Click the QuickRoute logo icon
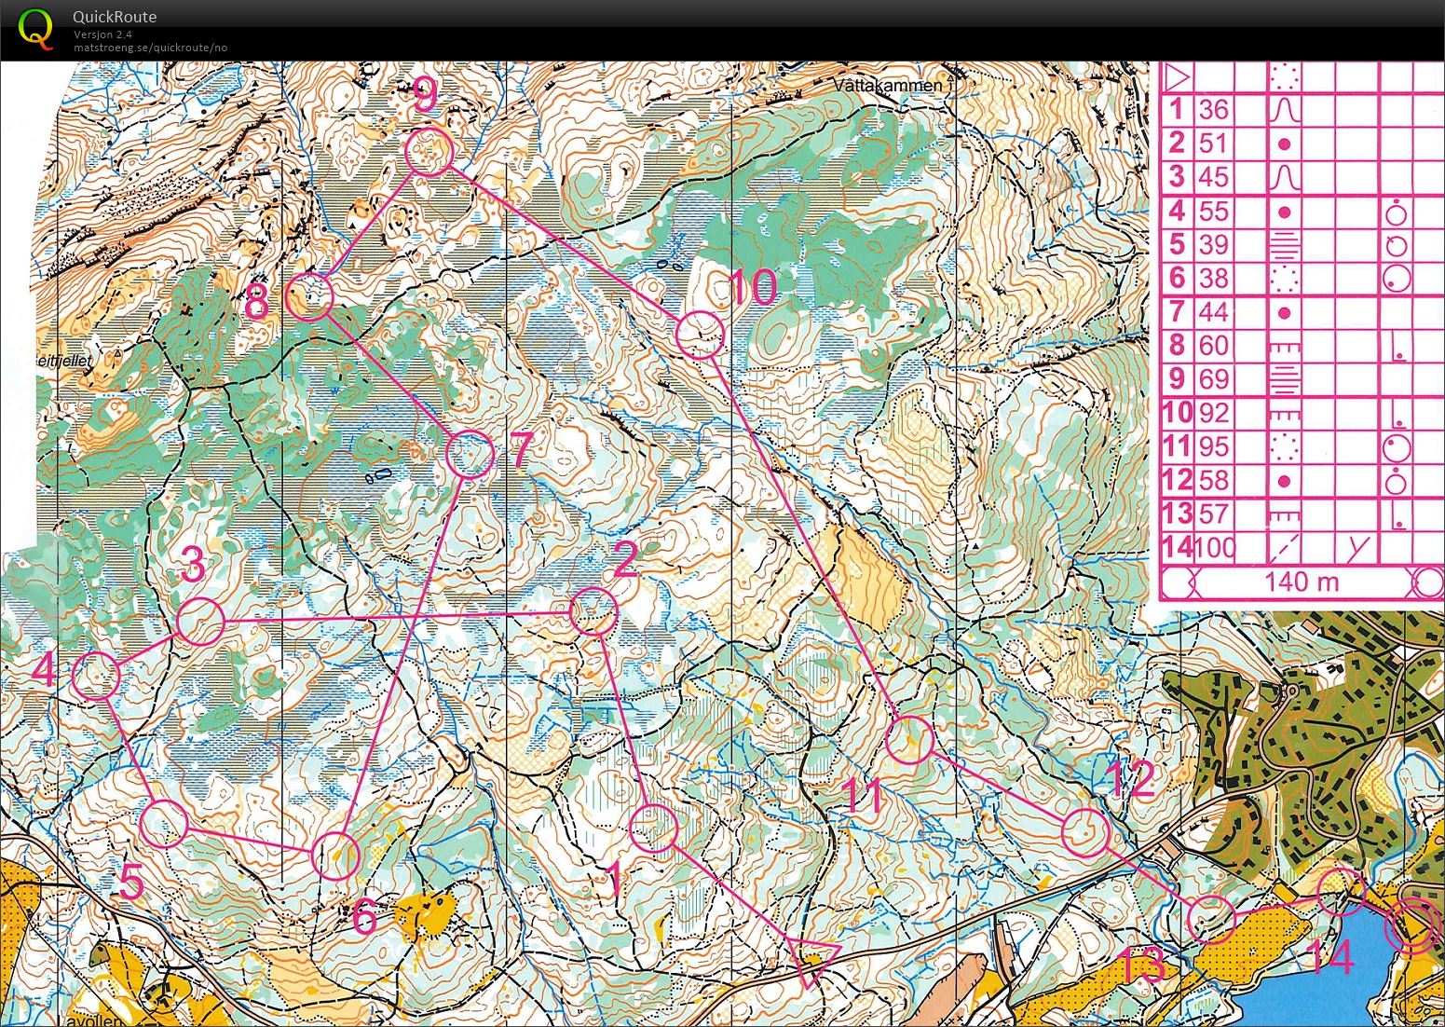point(35,28)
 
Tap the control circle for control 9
point(429,152)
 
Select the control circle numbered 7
point(470,455)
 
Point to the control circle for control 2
point(593,611)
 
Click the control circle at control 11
point(909,740)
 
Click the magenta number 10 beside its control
point(752,288)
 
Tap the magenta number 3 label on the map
point(193,564)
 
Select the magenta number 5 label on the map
point(132,884)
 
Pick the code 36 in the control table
point(1213,110)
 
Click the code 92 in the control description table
point(1213,413)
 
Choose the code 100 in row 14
point(1214,547)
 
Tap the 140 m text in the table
point(1302,582)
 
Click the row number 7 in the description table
point(1177,311)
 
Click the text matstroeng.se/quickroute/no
point(150,48)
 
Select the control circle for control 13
point(1212,919)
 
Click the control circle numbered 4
point(97,676)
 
